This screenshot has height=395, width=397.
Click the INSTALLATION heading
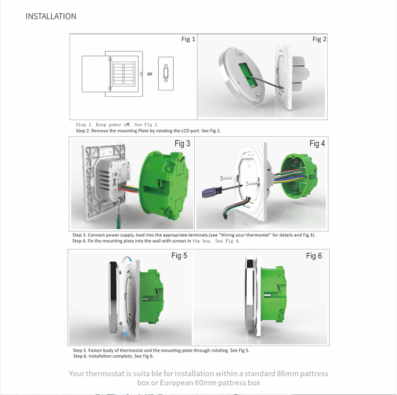tap(51, 16)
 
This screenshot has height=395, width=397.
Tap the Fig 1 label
tap(188, 39)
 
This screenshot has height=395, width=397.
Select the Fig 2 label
tap(320, 39)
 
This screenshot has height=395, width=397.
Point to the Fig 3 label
tap(182, 143)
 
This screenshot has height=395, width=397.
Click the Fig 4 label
tap(317, 143)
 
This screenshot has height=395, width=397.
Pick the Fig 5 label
tap(179, 256)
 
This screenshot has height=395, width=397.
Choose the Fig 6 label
tap(314, 256)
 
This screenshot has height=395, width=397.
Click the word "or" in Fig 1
tap(150, 74)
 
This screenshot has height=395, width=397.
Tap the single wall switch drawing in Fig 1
tap(166, 74)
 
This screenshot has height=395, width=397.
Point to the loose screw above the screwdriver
tap(226, 178)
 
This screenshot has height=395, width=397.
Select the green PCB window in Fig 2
tap(248, 75)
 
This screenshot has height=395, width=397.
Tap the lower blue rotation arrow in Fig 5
tap(125, 331)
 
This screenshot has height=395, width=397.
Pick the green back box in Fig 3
tap(164, 185)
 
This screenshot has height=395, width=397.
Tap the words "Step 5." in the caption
tap(80, 351)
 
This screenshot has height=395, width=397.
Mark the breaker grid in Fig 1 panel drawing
tap(123, 74)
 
